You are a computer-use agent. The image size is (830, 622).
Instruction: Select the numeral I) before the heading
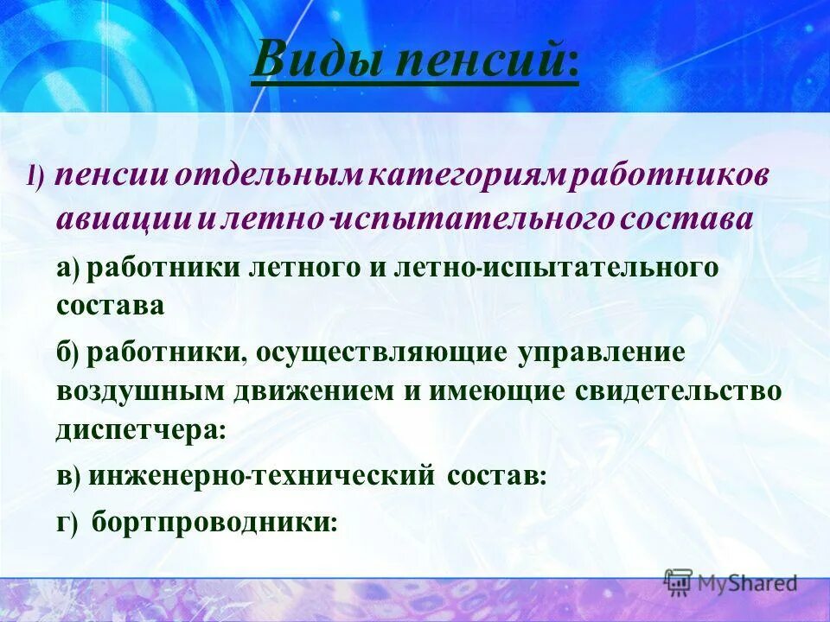click(36, 178)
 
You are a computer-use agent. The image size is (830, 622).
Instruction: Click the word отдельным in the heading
click(271, 176)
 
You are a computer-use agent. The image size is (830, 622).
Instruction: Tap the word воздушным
click(139, 390)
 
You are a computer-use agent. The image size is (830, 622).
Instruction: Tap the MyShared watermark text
click(744, 583)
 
